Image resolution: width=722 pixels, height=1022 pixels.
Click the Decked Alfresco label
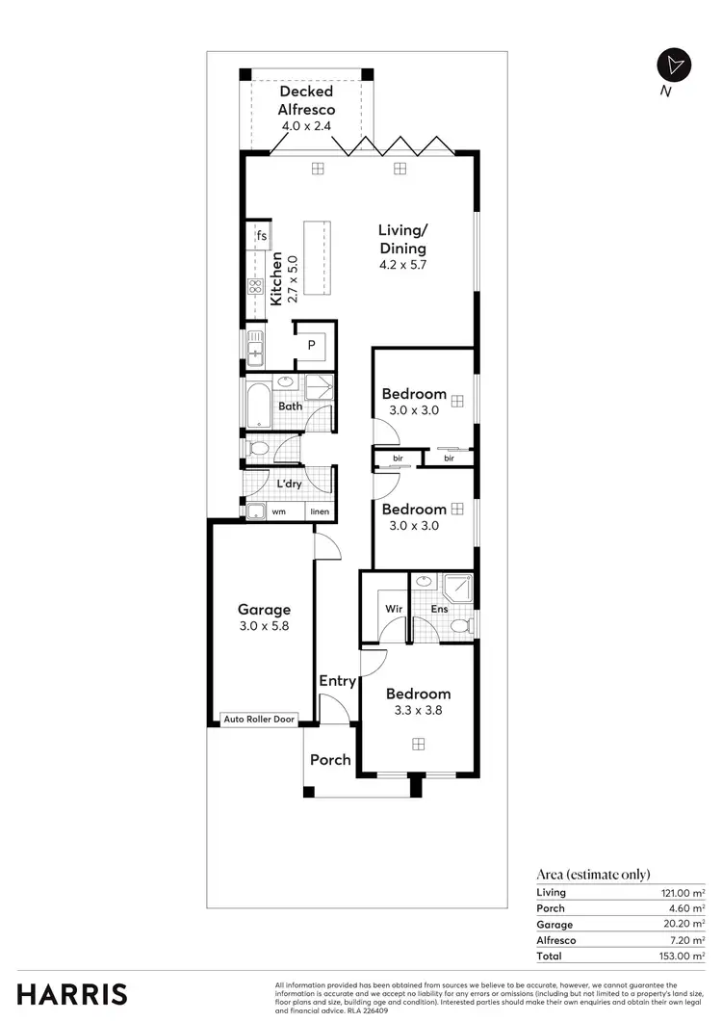coord(306,100)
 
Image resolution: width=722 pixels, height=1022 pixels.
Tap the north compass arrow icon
coord(673,65)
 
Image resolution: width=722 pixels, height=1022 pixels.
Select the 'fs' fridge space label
coord(261,236)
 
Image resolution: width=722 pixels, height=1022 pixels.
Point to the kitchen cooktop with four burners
coord(256,286)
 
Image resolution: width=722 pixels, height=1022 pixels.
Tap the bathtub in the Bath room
coord(259,406)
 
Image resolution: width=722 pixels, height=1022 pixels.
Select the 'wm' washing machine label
coord(278,511)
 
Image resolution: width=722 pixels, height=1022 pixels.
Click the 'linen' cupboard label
coord(320,511)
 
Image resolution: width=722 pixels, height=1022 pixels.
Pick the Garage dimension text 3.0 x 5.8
coord(264,625)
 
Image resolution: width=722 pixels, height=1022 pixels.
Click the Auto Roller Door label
coord(259,719)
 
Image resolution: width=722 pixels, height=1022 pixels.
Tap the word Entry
coord(338,681)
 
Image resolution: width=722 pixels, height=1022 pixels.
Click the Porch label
coord(330,760)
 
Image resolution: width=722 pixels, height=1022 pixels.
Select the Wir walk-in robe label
coord(394,609)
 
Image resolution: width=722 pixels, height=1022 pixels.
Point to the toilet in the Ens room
coord(460,627)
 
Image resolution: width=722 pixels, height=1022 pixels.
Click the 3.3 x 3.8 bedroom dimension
coord(418,711)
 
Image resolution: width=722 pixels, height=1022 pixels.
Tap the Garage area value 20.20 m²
coord(685,924)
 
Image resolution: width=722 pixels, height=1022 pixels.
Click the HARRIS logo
coord(71,994)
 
